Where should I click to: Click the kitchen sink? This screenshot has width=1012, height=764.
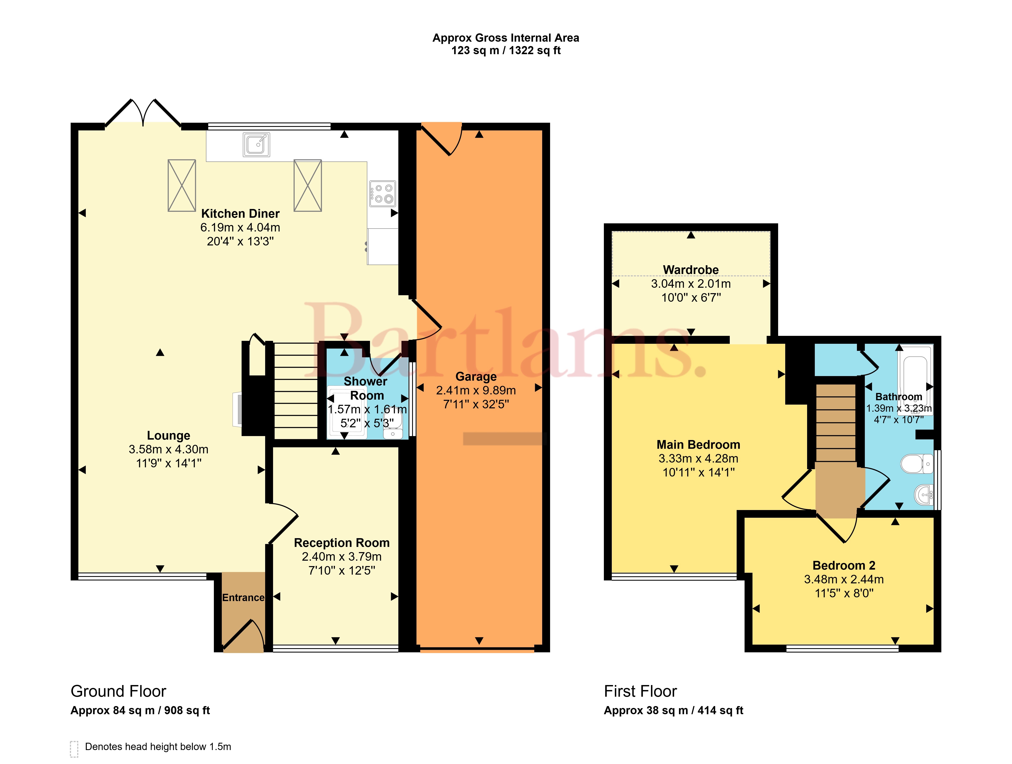coord(256,144)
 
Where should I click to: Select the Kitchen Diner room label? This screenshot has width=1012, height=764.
coord(240,214)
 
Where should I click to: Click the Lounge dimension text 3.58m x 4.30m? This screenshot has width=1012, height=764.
coord(168,449)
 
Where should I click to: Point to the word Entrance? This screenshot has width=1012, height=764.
coord(243,598)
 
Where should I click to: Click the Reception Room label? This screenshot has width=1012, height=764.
coord(342,543)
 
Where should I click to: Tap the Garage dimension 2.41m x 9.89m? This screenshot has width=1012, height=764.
coord(476,390)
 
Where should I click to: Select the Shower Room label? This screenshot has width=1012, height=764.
coord(366,388)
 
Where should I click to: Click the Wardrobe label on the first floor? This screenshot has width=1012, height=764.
coord(691,270)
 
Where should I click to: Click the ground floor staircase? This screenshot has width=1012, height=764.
coord(296,391)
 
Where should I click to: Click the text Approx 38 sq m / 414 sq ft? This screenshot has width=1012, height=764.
coord(673,710)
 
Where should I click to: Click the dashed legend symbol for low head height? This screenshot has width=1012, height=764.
coord(74,749)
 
